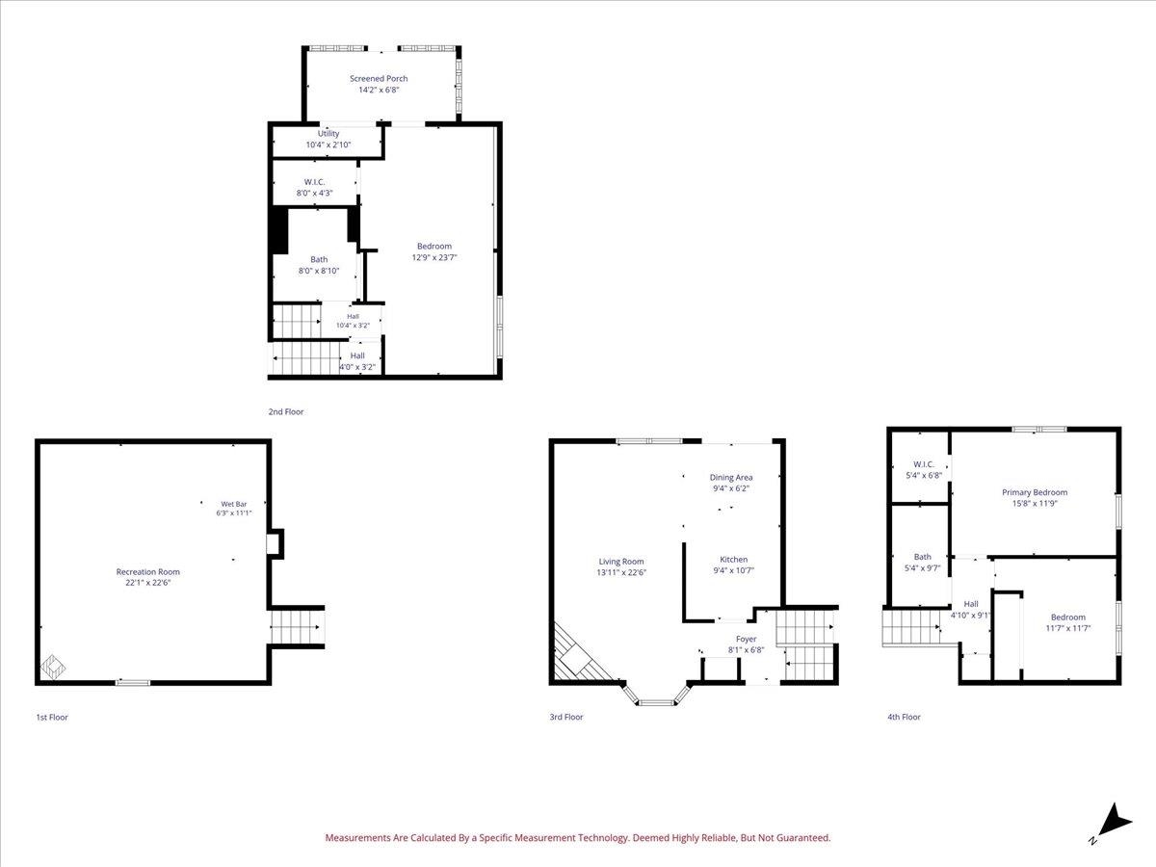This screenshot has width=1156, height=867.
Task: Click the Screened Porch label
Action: click(x=379, y=78)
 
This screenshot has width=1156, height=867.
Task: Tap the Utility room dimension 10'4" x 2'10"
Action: click(x=328, y=144)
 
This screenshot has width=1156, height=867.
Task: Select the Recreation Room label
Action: click(x=148, y=571)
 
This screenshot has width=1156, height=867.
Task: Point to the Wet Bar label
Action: click(x=234, y=504)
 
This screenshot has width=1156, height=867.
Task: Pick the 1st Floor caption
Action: click(x=52, y=717)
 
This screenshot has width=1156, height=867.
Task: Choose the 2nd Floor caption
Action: click(x=286, y=411)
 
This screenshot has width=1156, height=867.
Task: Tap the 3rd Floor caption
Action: click(x=566, y=717)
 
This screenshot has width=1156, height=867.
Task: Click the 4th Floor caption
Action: click(x=904, y=717)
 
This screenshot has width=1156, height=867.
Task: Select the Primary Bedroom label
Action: click(x=1035, y=492)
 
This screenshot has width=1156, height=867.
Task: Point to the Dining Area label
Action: click(x=731, y=478)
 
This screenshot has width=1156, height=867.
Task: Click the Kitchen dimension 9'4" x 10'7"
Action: click(x=734, y=570)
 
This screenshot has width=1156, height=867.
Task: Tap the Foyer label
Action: click(x=746, y=639)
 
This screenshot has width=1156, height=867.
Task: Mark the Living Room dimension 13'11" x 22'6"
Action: click(x=621, y=572)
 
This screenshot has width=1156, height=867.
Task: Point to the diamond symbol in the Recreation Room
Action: click(x=53, y=667)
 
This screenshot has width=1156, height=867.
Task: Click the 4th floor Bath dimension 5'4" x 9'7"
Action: click(x=922, y=568)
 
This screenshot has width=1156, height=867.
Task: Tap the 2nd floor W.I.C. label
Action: click(x=314, y=182)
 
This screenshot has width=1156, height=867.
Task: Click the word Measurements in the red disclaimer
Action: click(x=357, y=837)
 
